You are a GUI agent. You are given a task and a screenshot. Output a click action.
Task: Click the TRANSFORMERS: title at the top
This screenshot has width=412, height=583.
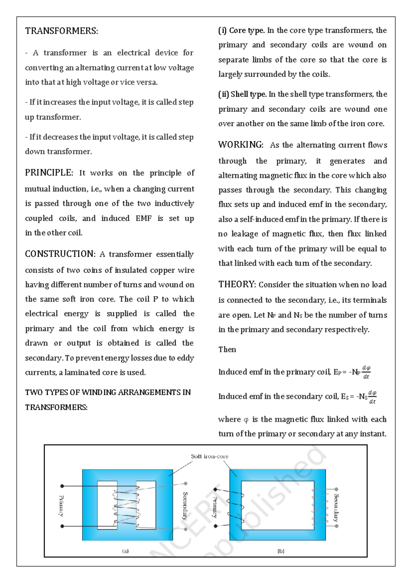tap(61, 31)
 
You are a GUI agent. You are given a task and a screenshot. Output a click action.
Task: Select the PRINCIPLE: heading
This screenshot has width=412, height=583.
tap(49, 173)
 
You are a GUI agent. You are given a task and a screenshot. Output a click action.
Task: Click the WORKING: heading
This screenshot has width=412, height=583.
tap(241, 145)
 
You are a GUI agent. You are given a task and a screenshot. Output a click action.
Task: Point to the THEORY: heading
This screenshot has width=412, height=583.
tap(237, 284)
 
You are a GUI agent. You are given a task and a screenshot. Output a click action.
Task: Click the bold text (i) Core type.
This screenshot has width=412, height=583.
tap(241, 30)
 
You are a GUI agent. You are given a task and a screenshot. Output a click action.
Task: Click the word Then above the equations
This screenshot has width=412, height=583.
tap(227, 350)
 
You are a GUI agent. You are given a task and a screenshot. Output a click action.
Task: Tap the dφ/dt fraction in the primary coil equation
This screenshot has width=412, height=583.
tap(366, 372)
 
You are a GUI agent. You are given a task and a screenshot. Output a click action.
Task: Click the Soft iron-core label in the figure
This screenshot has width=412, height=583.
tap(209, 456)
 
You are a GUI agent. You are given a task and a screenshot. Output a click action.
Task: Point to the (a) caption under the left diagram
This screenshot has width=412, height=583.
tap(125, 551)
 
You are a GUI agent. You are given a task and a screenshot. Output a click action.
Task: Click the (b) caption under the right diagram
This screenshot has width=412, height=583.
tap(281, 551)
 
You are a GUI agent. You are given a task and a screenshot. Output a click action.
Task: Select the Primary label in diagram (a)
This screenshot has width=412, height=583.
tap(61, 506)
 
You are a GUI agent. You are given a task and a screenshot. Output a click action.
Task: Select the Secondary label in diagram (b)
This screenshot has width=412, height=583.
tap(336, 508)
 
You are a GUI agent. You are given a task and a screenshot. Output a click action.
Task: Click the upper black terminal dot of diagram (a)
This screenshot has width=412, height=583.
tap(62, 486)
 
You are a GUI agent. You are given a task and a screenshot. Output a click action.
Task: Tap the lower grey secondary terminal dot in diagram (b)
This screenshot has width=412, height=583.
tap(336, 526)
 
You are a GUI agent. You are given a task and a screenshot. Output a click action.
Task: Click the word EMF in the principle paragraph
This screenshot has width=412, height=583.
tap(144, 218)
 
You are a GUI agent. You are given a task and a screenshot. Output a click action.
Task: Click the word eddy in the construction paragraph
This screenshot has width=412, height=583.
tap(185, 358)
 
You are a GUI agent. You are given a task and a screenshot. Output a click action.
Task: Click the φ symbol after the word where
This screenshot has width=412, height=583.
tap(246, 420)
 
